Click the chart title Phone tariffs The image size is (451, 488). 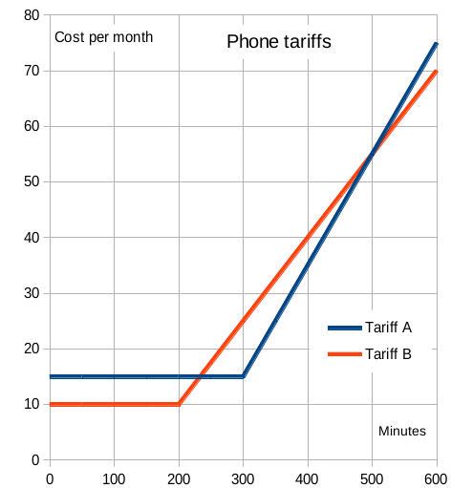(x=278, y=42)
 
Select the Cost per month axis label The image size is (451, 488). (x=103, y=38)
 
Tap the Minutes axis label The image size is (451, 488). (x=401, y=432)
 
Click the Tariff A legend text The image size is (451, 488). (x=388, y=327)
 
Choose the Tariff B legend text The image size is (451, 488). (x=388, y=354)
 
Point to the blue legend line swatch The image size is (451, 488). (x=345, y=327)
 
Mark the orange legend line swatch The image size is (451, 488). (x=345, y=354)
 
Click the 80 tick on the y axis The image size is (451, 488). (x=31, y=15)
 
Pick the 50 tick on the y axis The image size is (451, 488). (x=31, y=181)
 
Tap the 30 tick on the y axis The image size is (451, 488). (x=31, y=293)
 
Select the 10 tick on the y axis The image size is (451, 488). (x=31, y=404)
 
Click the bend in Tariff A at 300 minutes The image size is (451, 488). (x=244, y=376)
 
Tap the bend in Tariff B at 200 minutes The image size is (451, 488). (x=179, y=404)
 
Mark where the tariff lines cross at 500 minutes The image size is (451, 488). (x=372, y=154)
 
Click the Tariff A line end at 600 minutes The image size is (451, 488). (x=436, y=43)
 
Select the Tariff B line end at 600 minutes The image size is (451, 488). (x=436, y=71)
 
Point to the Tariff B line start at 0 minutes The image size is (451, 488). (x=50, y=404)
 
